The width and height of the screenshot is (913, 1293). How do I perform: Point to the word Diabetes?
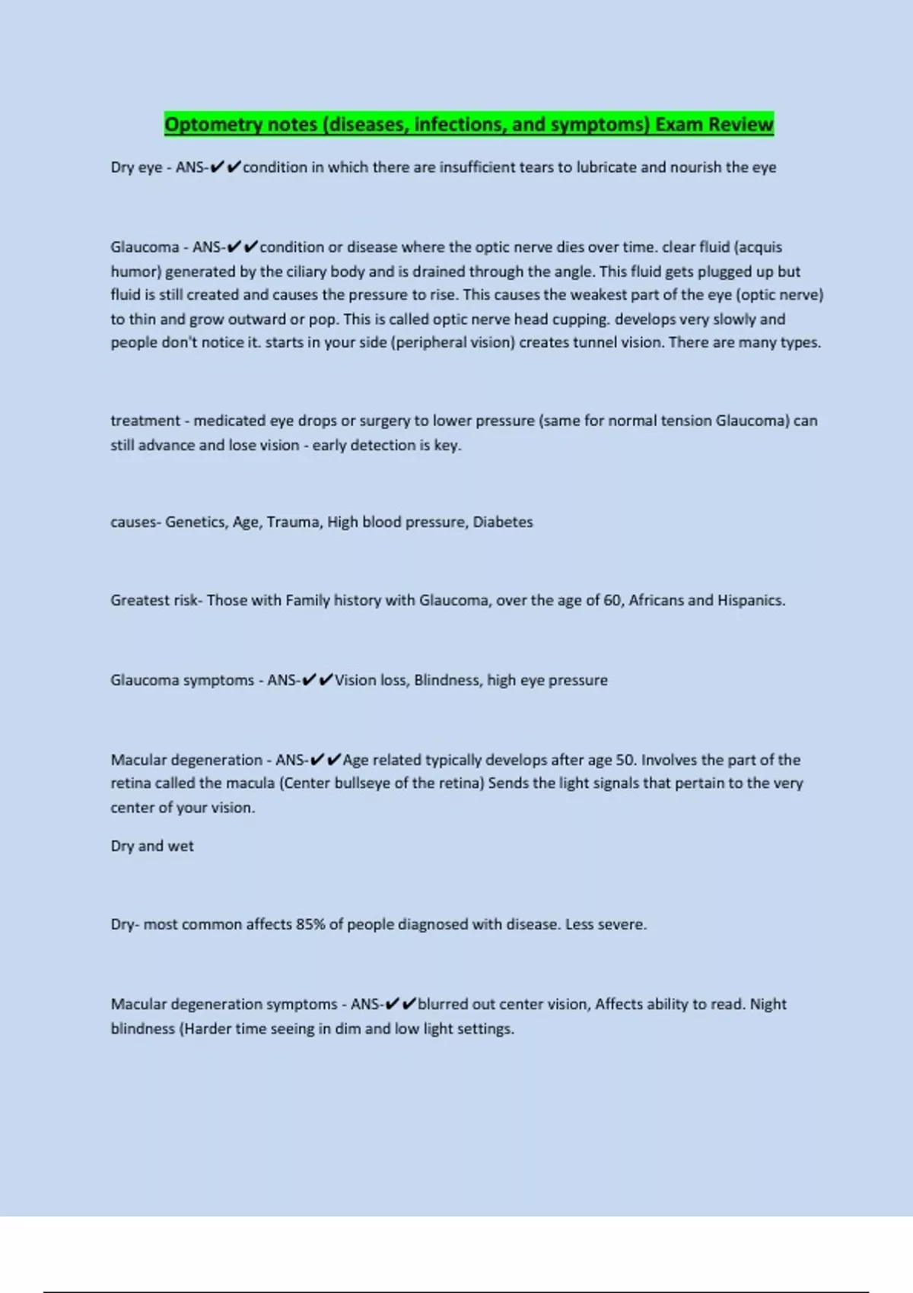(x=503, y=522)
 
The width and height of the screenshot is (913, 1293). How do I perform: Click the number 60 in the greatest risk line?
(x=612, y=600)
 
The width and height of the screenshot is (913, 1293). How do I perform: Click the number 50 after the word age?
(x=625, y=760)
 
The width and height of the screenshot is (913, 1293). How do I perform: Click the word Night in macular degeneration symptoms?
(x=768, y=1004)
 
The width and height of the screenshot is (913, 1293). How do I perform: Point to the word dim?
(x=348, y=1028)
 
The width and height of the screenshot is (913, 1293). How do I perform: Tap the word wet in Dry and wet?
(x=180, y=846)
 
